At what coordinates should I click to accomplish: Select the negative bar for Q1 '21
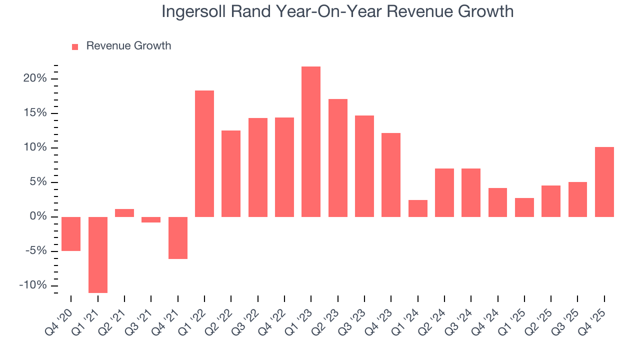(x=97, y=254)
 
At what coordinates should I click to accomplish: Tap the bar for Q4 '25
(x=604, y=182)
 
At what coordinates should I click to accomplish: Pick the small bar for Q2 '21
(x=124, y=213)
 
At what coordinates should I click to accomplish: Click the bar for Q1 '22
(x=204, y=153)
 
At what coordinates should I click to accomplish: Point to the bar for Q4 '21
(x=177, y=237)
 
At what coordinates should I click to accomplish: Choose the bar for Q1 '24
(x=418, y=208)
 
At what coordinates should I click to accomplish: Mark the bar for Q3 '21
(x=151, y=219)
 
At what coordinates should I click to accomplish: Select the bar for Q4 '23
(x=391, y=175)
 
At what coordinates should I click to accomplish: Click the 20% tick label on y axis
(x=35, y=78)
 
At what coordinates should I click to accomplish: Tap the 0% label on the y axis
(x=38, y=216)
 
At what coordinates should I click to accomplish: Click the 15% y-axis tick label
(x=35, y=113)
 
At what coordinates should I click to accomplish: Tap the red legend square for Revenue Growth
(x=75, y=46)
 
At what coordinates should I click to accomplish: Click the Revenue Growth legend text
(x=128, y=46)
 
